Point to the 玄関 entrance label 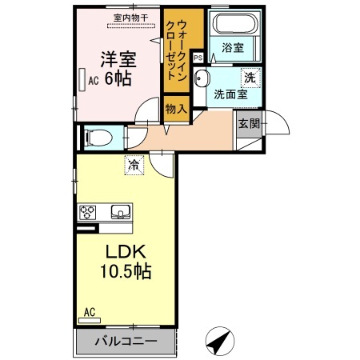click(x=246, y=123)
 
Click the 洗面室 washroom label click(x=230, y=94)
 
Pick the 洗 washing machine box click(x=251, y=78)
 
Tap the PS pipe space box click(x=198, y=58)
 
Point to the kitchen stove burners click(x=88, y=212)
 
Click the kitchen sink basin click(x=121, y=212)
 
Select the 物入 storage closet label click(x=176, y=109)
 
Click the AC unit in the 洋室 click(x=83, y=80)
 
